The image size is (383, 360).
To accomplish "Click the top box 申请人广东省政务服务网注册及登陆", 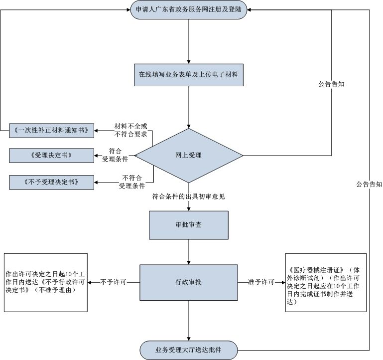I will click(x=189, y=10).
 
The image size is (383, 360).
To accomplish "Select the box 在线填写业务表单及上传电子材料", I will click(x=189, y=75).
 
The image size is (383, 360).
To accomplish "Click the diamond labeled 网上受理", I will click(x=189, y=155).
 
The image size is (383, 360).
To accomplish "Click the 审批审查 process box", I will click(x=189, y=225).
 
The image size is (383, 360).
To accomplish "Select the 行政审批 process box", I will click(x=189, y=282).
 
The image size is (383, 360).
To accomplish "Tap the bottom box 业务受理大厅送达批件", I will click(x=189, y=350).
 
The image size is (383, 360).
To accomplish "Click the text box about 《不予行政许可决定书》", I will click(x=45, y=282).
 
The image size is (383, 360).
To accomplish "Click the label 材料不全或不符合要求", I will click(x=131, y=130).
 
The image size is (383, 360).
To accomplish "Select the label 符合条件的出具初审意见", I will click(x=189, y=196).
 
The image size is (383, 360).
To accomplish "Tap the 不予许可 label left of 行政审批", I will click(x=113, y=282).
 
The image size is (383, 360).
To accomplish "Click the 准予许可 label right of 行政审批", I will click(x=261, y=282).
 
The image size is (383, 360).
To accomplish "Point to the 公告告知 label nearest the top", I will click(x=332, y=84).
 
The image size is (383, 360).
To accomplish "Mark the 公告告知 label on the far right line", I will click(x=369, y=184).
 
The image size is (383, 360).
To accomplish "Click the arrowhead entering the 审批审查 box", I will click(x=189, y=208).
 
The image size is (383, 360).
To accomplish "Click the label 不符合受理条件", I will click(x=131, y=181).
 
